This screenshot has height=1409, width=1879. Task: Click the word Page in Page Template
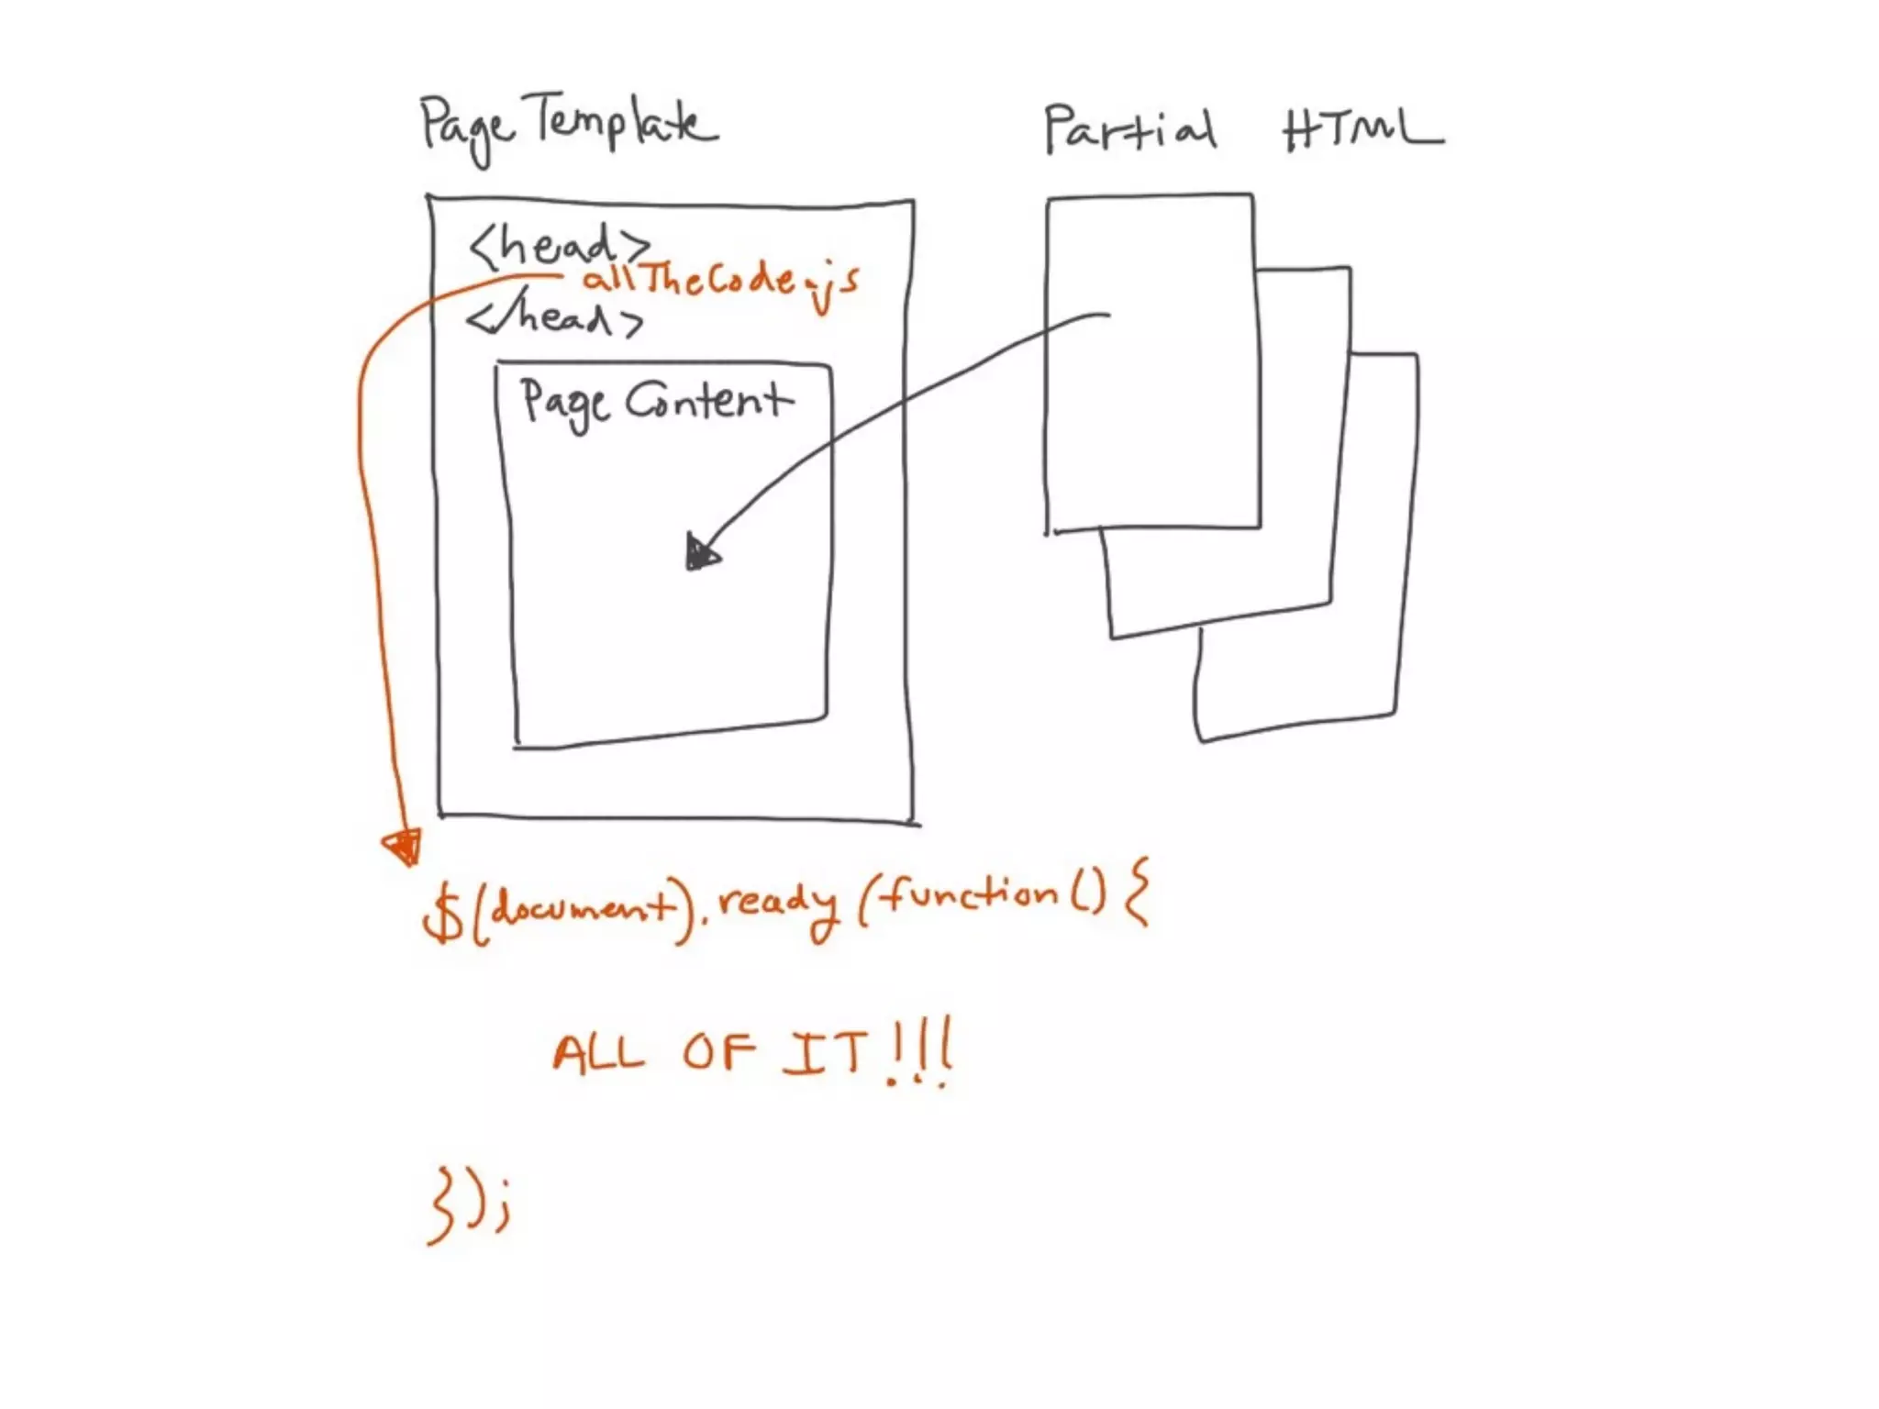point(465,129)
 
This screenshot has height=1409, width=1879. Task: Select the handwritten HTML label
point(1362,130)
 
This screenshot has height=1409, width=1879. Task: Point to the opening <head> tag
point(558,246)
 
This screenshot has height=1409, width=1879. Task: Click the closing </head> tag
point(554,317)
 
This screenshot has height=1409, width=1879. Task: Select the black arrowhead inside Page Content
point(702,553)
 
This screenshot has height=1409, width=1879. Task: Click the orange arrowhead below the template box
point(405,846)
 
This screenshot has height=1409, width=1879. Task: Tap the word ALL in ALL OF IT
point(598,1053)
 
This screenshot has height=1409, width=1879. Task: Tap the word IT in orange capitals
point(825,1053)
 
